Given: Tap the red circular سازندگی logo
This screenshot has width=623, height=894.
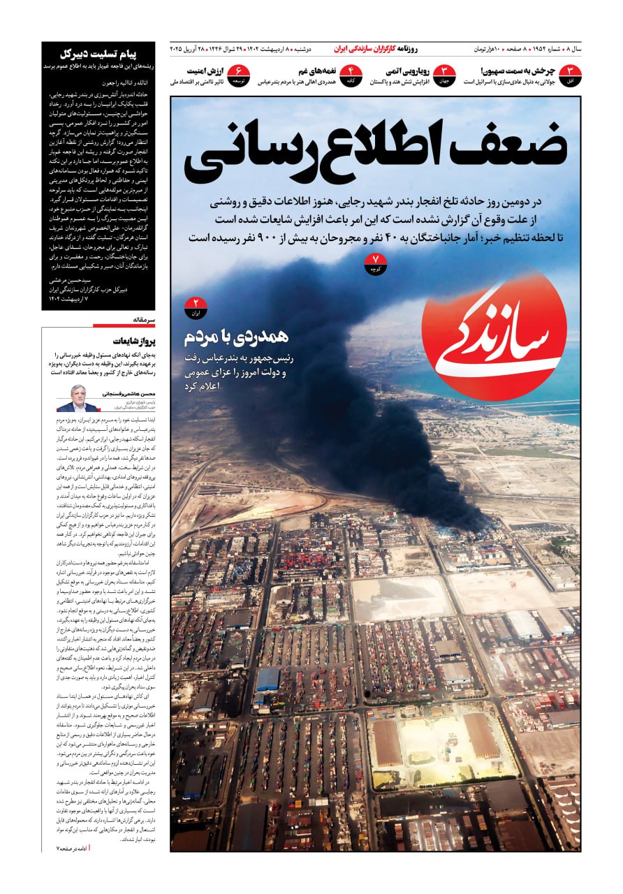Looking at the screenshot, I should tap(494, 336).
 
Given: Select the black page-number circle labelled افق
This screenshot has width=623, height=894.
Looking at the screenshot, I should tap(570, 75).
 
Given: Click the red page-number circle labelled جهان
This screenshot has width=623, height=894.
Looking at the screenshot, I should tap(444, 75).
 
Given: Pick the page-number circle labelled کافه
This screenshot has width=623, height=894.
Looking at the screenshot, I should tap(351, 75).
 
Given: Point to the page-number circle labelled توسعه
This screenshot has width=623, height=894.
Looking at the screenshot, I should tap(240, 75).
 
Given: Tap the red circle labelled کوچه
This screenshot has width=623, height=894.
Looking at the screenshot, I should tap(376, 264).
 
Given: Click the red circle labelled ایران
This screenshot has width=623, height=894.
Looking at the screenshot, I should tap(196, 307).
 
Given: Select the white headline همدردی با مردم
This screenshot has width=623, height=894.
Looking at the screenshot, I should tap(236, 337).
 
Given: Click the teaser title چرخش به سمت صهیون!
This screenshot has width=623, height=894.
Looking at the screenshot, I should tap(518, 71).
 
